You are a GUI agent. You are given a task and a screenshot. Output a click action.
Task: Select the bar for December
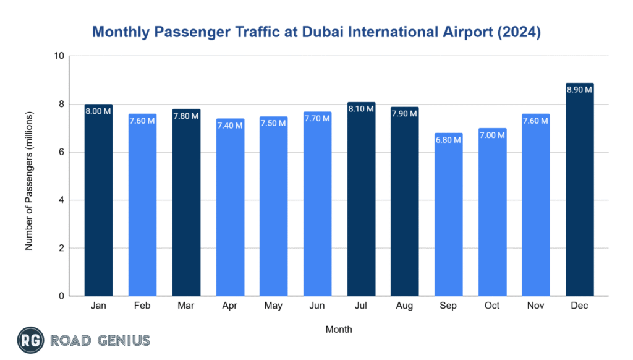(x=579, y=192)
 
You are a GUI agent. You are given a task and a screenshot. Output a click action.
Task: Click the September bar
(x=448, y=216)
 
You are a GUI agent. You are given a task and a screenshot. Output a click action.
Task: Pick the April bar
(x=230, y=210)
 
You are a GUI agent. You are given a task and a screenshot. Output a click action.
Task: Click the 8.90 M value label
(x=579, y=90)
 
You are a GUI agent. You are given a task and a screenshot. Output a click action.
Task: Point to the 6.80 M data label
(x=448, y=140)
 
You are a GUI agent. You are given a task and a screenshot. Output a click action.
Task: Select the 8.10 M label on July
(x=361, y=109)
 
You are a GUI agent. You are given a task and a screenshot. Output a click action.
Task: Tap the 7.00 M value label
(x=492, y=135)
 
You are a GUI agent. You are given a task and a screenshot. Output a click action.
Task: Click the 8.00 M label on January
(x=98, y=111)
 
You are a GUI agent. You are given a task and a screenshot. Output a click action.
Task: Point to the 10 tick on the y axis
(x=59, y=56)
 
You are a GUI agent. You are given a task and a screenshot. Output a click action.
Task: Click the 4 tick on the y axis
(x=62, y=200)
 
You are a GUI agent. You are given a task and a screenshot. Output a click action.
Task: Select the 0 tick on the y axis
(x=62, y=296)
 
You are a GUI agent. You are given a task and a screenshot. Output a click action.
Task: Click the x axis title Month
(x=339, y=330)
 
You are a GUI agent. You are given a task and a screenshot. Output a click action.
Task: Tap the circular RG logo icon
(x=30, y=340)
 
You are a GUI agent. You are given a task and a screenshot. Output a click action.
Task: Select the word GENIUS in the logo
(x=121, y=340)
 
